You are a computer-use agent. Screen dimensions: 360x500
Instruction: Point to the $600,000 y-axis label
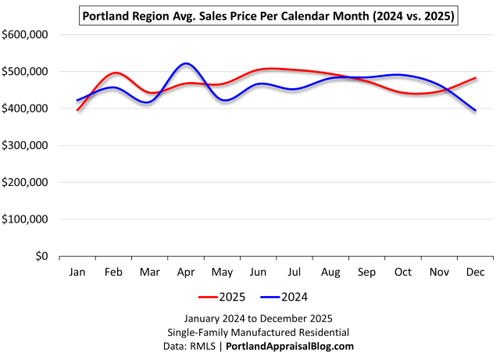coord(27,34)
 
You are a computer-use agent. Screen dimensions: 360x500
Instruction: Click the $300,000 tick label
coord(27,145)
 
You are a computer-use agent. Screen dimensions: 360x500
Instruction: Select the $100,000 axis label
coord(27,219)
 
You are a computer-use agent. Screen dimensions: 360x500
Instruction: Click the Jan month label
coord(77,272)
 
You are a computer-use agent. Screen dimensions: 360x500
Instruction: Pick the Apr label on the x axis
coord(186,272)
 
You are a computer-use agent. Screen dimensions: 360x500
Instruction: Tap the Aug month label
coord(330,272)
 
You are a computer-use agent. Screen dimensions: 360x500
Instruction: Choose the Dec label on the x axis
coord(475,272)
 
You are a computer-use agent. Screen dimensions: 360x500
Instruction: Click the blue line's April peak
coord(186,63)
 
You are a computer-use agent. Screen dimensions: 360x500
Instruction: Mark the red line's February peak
coord(116,73)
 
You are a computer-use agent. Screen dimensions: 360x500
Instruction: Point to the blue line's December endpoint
coord(475,110)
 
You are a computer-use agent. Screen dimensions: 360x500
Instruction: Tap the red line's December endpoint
coord(475,78)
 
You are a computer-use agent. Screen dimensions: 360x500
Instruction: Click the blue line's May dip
coord(225,100)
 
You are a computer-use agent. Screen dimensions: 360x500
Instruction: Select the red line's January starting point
coord(77,110)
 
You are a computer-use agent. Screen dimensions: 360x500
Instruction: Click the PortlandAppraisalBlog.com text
coord(290,346)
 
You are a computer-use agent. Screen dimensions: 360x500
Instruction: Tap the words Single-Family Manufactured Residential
coord(259,332)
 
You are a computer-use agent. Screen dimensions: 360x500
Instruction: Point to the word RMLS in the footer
coord(205,346)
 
